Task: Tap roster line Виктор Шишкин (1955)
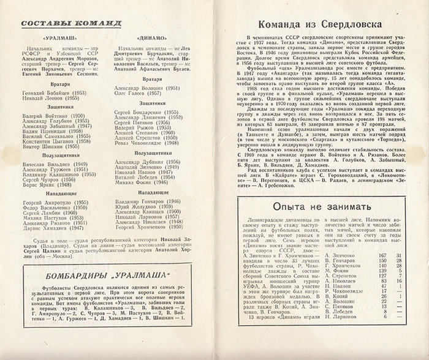[x=49, y=148]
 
